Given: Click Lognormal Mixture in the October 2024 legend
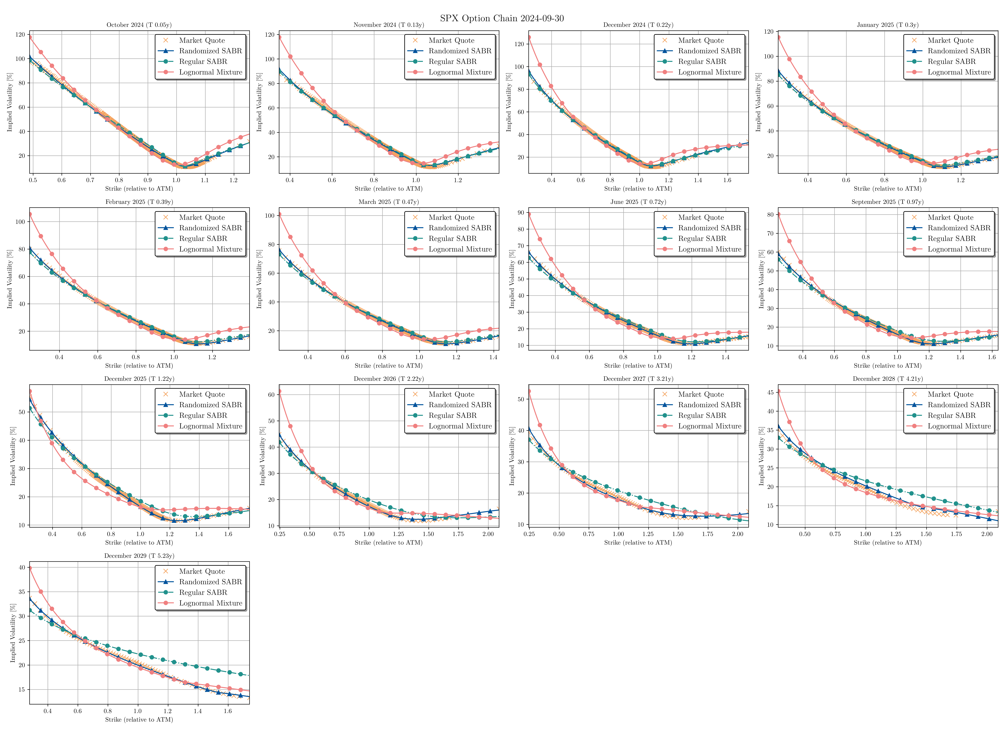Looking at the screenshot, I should coord(210,72).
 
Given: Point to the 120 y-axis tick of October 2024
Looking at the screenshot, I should coord(20,35).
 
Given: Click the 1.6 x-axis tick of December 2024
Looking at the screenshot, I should coord(727,180).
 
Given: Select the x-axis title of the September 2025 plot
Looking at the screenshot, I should coord(888,366).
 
